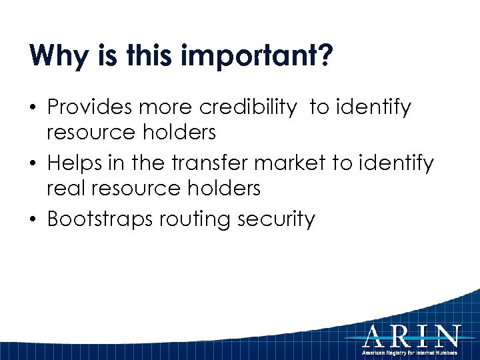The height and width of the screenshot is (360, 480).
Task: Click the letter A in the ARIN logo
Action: click(376, 336)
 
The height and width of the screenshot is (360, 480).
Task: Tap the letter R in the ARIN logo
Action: click(401, 336)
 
